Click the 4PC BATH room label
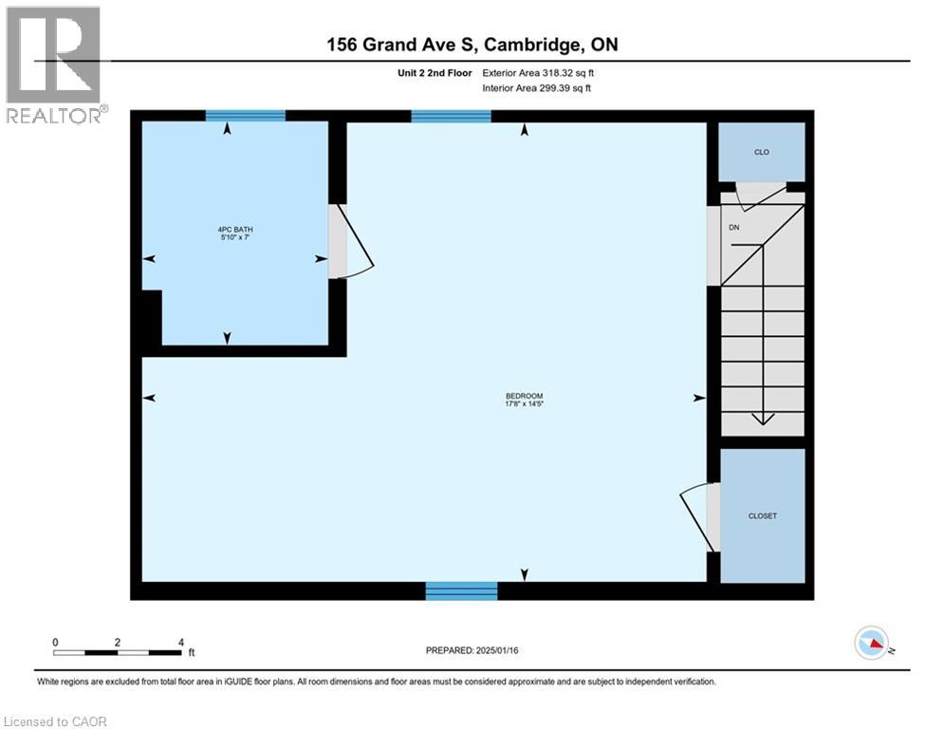tap(235, 230)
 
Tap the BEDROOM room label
tap(525, 396)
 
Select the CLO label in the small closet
tap(762, 153)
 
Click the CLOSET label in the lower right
tap(763, 515)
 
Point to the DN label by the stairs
tap(734, 227)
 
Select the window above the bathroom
tap(246, 116)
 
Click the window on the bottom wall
tap(462, 591)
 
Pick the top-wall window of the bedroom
tap(451, 116)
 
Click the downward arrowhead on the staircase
tap(763, 419)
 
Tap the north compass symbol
tap(871, 643)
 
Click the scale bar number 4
tap(180, 643)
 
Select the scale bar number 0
tap(55, 643)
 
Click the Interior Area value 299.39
tap(557, 88)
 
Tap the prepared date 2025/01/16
tap(497, 650)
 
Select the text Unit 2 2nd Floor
tap(435, 73)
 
